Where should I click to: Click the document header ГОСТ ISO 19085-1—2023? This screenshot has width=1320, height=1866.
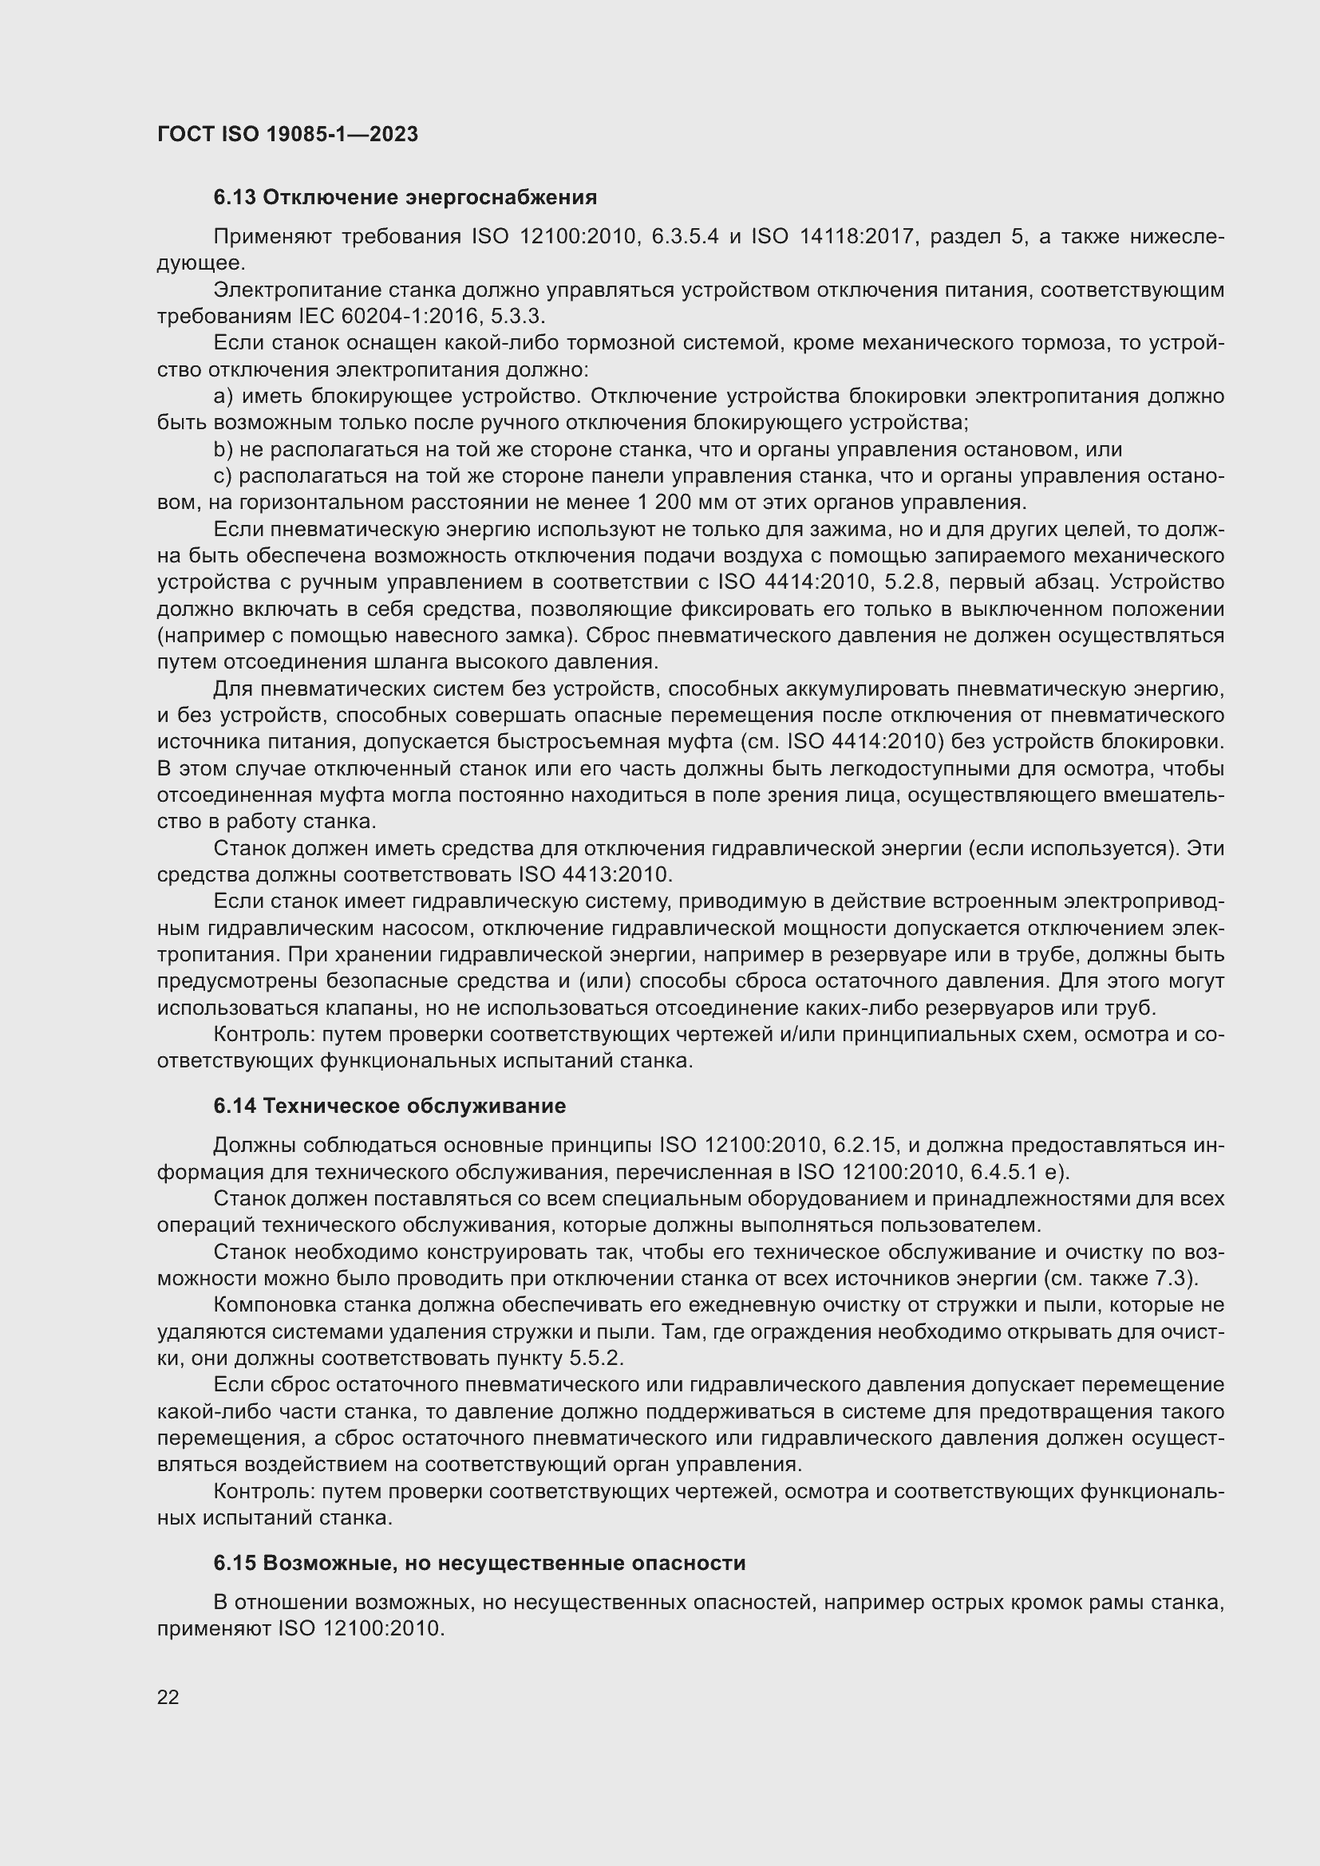[287, 134]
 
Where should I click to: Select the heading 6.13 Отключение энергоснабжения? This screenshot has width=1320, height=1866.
[405, 198]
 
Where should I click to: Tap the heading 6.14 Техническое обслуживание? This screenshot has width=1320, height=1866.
[389, 1105]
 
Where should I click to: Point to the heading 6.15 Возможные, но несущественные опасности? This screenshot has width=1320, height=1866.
[479, 1563]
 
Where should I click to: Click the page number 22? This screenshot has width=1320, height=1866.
[168, 1697]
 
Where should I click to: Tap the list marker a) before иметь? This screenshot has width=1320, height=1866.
[223, 396]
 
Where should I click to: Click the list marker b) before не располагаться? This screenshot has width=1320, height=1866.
[223, 449]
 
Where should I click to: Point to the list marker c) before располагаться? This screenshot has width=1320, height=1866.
[223, 475]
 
